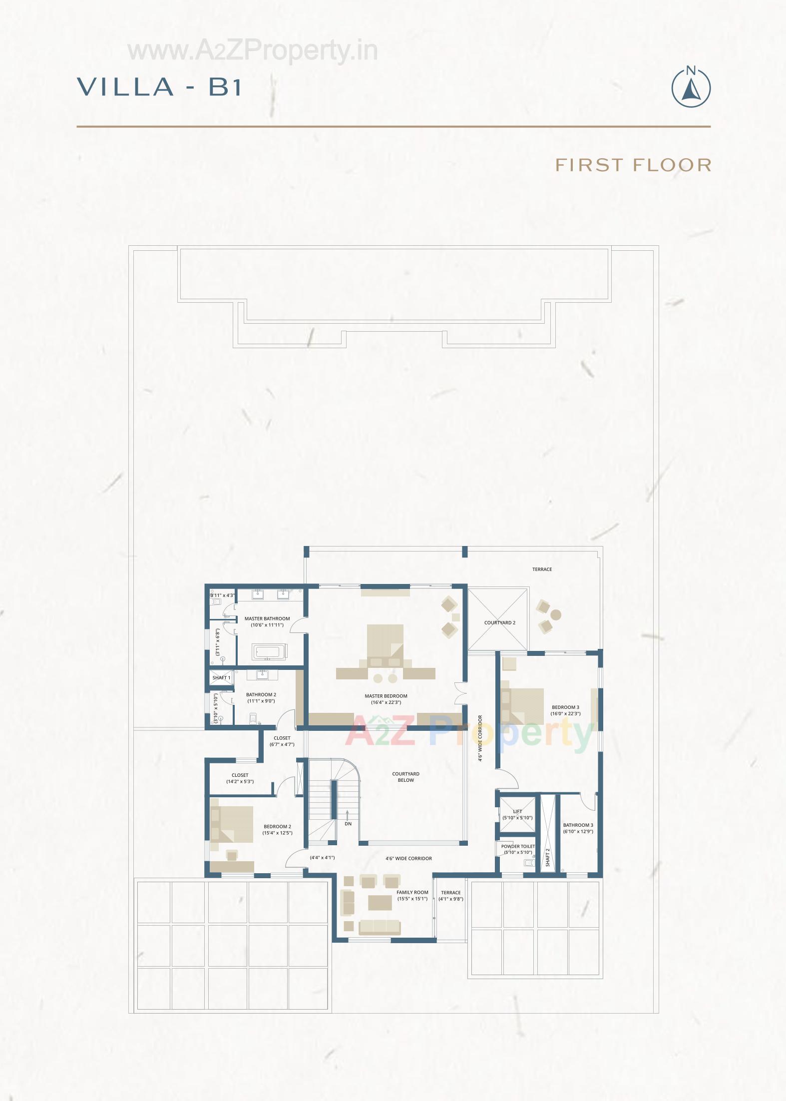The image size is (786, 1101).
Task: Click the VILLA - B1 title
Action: (x=159, y=86)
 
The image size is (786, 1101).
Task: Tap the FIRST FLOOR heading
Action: (x=633, y=165)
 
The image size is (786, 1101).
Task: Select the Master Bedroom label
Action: (x=386, y=696)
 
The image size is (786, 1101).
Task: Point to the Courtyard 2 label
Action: (x=499, y=623)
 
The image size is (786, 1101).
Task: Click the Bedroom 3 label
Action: (x=565, y=707)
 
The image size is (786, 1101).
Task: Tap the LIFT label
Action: (x=517, y=811)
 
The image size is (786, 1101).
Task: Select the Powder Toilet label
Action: (x=518, y=846)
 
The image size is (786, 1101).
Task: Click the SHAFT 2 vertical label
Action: (x=548, y=857)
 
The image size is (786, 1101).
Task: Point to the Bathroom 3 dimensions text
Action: (x=578, y=832)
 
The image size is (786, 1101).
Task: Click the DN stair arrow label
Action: (x=348, y=823)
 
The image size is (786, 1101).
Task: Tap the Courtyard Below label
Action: (x=405, y=777)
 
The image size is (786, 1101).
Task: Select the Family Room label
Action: (x=412, y=892)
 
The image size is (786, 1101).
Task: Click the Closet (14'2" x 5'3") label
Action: (x=240, y=775)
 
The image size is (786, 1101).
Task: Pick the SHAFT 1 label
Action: (x=221, y=678)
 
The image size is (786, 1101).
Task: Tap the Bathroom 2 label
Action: (x=261, y=694)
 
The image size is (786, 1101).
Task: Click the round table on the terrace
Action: (x=556, y=614)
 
